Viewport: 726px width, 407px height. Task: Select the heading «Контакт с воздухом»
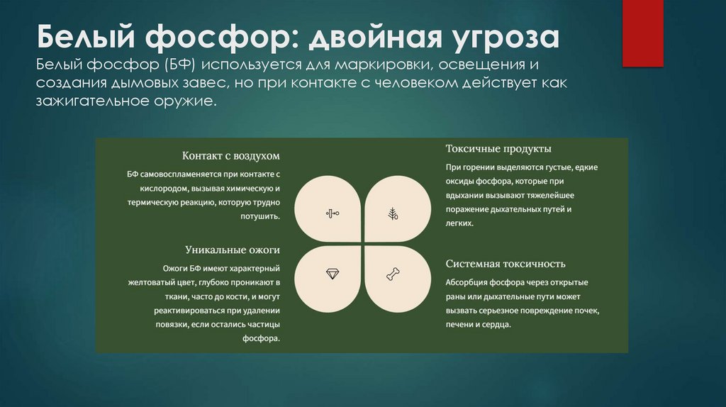click(x=231, y=155)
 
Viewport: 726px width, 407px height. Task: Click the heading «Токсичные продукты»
click(x=498, y=149)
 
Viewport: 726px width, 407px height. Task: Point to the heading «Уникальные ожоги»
click(x=233, y=250)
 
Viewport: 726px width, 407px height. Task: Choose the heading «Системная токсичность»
click(x=506, y=264)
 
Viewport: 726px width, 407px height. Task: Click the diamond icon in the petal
click(x=332, y=273)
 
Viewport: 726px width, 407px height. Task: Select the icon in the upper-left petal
click(x=332, y=213)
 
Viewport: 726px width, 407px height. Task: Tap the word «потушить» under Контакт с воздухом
click(x=261, y=216)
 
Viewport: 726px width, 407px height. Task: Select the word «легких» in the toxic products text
click(x=459, y=223)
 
